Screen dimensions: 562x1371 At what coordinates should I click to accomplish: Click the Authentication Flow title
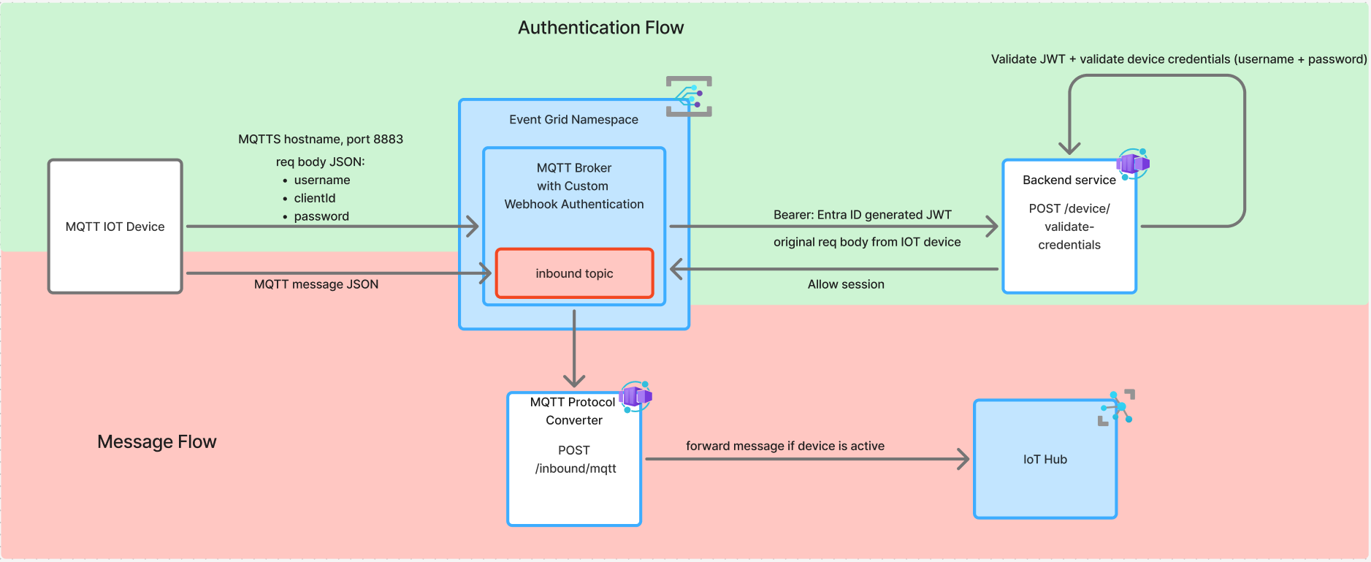click(600, 28)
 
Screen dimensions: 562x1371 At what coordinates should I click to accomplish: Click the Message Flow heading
click(156, 441)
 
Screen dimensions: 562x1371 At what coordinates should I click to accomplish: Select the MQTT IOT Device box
click(115, 227)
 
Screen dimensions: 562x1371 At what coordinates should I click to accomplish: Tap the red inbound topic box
click(574, 273)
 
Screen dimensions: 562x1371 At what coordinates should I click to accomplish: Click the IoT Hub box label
click(1045, 459)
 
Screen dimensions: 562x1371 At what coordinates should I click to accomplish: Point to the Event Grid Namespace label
click(573, 119)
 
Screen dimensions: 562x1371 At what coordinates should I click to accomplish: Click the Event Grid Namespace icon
click(689, 96)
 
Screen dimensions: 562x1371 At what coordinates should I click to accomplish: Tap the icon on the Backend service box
click(1133, 164)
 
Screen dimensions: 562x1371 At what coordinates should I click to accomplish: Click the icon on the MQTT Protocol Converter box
click(635, 396)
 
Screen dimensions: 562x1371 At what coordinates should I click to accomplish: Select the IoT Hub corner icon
click(1117, 407)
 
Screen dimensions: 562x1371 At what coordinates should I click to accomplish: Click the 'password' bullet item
click(321, 216)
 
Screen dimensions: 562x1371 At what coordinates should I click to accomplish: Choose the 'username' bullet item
click(322, 180)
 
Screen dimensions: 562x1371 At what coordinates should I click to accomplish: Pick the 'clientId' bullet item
click(315, 198)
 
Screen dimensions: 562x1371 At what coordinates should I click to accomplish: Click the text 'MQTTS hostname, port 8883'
click(321, 139)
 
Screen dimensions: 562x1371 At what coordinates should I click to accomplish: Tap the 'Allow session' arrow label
click(846, 284)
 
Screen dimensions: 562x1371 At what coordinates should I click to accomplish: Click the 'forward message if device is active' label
click(785, 446)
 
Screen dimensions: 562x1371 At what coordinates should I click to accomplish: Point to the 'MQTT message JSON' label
click(316, 284)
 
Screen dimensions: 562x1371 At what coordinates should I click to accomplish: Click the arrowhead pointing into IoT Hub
click(964, 459)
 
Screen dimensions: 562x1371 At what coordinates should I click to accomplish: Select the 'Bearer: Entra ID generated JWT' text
click(863, 215)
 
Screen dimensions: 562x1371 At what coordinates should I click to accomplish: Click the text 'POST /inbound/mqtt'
click(575, 460)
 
